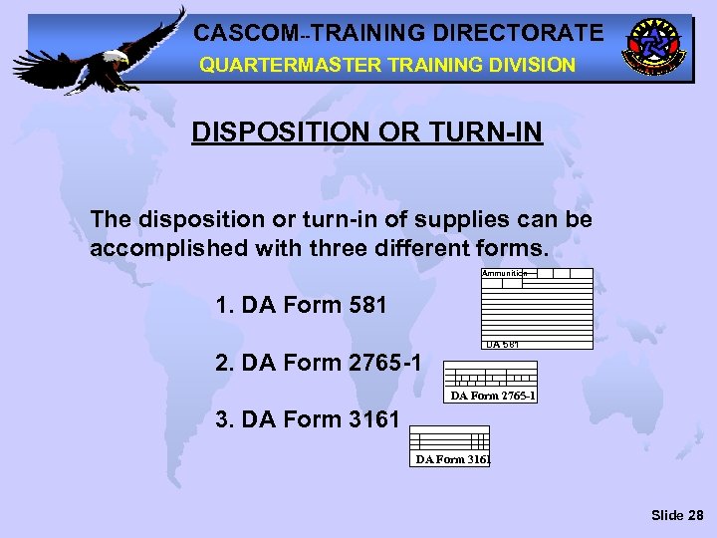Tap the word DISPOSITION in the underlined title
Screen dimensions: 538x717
272,133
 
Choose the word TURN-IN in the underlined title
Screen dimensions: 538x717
480,133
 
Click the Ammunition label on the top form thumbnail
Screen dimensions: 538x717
504,273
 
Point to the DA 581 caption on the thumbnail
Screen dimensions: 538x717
502,345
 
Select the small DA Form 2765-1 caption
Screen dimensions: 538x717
494,396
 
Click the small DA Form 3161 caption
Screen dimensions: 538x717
452,459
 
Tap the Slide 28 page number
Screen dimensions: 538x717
677,515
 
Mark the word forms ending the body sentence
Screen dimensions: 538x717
514,247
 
